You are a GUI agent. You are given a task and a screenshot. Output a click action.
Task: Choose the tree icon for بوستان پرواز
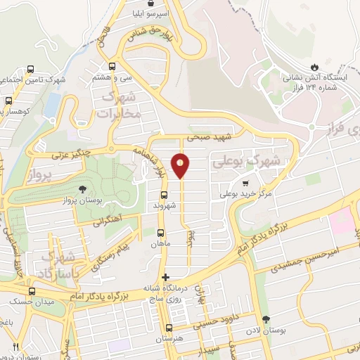pos(84,189)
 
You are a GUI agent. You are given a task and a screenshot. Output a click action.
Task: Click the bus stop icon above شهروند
pos(165,195)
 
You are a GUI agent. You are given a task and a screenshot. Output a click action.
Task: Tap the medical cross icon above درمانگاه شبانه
pos(166,277)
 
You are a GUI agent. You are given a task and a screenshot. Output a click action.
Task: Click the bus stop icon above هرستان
pos(169,328)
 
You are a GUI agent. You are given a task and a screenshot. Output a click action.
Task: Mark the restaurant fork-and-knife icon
pos(15,347)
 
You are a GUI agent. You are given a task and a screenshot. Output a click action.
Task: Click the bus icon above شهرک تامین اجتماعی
pos(31,70)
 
